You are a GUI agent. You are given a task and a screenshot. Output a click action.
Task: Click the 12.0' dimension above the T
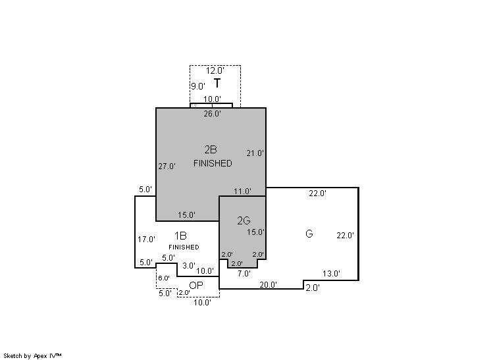[215, 70]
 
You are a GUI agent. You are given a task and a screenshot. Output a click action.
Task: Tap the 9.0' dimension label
[198, 86]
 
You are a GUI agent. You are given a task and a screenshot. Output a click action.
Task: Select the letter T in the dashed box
[217, 84]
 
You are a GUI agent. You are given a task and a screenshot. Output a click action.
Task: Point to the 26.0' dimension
[212, 113]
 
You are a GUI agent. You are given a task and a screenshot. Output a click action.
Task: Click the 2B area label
[211, 149]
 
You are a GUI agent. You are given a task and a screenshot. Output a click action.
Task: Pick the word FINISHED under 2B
[213, 163]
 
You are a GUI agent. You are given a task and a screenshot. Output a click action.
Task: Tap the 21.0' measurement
[255, 153]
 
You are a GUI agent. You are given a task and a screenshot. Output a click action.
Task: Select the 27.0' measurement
[167, 167]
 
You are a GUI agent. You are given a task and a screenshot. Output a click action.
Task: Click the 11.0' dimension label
[242, 192]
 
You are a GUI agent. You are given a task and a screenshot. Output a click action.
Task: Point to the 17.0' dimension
[146, 240]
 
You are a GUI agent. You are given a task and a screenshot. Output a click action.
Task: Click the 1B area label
[180, 235]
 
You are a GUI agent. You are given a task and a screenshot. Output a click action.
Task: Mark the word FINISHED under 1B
[184, 247]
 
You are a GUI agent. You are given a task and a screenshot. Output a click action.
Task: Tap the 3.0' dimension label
[188, 266]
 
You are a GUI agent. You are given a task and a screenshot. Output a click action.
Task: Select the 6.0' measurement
[163, 278]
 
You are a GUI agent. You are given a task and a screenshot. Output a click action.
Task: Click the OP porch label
[195, 285]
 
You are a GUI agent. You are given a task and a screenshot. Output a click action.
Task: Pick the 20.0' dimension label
[268, 285]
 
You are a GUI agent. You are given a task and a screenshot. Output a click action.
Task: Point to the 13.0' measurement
[331, 274]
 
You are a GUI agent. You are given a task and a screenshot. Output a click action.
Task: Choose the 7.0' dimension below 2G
[244, 274]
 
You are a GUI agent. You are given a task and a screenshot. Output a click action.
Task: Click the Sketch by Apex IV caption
[33, 355]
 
